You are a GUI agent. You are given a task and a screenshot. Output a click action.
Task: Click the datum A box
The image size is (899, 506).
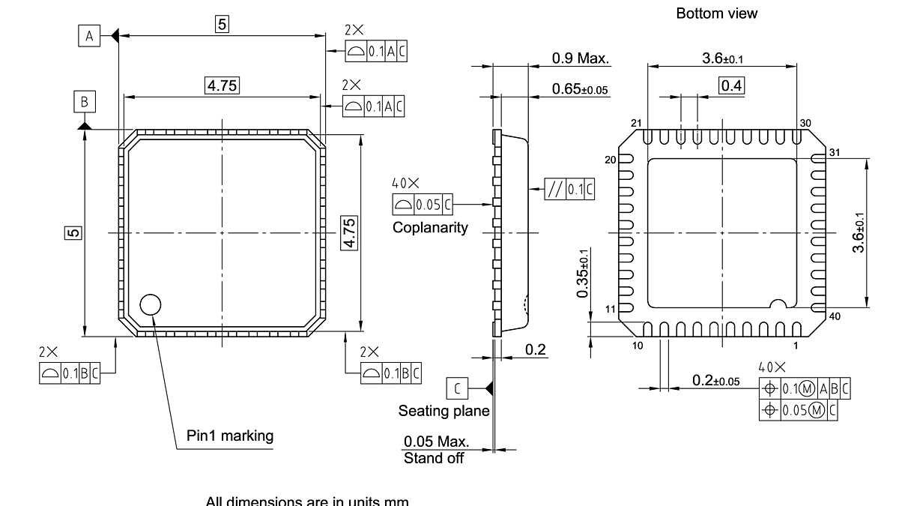pyautogui.click(x=88, y=35)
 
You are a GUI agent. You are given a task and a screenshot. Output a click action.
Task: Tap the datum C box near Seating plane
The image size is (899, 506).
pyautogui.click(x=458, y=388)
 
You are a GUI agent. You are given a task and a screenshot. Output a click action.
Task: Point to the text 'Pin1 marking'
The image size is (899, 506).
pyautogui.click(x=230, y=436)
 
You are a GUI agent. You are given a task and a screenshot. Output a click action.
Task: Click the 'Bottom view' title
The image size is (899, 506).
pyautogui.click(x=716, y=13)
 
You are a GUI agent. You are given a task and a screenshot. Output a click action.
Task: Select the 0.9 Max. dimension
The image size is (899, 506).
pyautogui.click(x=580, y=58)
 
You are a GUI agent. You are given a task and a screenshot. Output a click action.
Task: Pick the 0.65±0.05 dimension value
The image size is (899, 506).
pyautogui.click(x=580, y=89)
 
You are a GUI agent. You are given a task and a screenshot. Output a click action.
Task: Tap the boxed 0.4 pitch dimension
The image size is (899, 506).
pyautogui.click(x=731, y=85)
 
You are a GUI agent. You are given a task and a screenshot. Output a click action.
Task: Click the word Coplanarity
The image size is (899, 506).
pyautogui.click(x=430, y=227)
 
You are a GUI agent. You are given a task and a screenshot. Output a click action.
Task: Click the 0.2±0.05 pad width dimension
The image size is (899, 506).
pyautogui.click(x=715, y=382)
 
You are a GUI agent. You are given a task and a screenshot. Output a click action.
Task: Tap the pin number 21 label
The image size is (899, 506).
pyautogui.click(x=637, y=123)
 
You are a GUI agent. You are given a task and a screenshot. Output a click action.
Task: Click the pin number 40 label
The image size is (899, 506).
pyautogui.click(x=835, y=316)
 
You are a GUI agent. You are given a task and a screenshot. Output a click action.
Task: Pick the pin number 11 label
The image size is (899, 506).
pyautogui.click(x=611, y=309)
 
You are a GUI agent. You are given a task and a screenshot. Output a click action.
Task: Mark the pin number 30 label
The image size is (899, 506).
pyautogui.click(x=805, y=123)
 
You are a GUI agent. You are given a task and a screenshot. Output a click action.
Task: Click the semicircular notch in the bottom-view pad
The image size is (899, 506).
pyautogui.click(x=779, y=304)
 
